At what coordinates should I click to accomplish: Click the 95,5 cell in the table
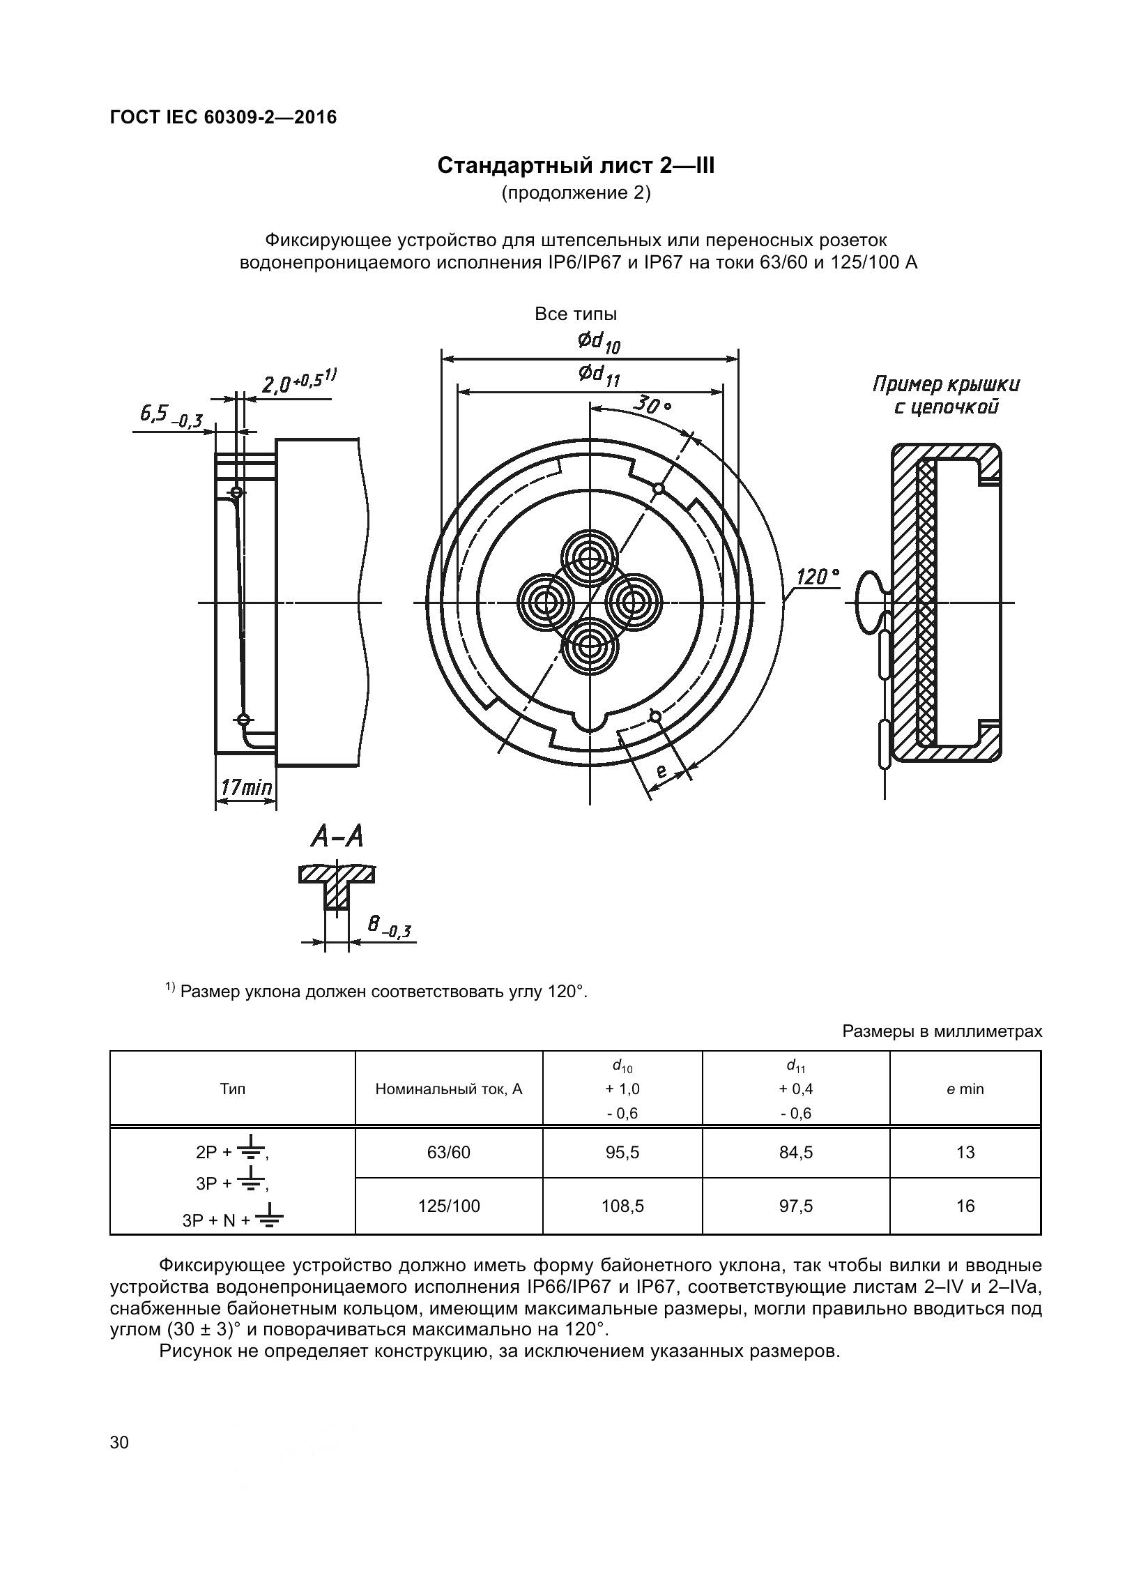coord(622,1153)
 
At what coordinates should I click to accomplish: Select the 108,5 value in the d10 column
coord(622,1206)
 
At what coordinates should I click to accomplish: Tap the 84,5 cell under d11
coord(795,1153)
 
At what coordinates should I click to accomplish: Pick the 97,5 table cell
coord(795,1206)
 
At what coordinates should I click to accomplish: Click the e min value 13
coord(965,1153)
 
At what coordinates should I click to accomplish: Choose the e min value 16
coord(965,1206)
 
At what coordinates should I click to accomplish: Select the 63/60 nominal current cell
coord(448,1153)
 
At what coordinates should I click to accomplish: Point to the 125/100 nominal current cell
coord(448,1206)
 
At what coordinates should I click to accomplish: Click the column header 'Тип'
coord(232,1089)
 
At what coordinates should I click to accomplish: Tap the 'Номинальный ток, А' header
coord(448,1089)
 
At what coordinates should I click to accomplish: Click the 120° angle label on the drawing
coord(818,577)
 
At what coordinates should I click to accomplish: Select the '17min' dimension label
coord(246,788)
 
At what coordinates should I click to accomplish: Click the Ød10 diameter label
coord(598,342)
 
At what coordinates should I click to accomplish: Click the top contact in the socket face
coord(590,557)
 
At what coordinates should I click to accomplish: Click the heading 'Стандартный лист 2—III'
coord(576,166)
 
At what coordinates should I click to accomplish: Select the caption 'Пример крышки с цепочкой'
coord(946,395)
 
